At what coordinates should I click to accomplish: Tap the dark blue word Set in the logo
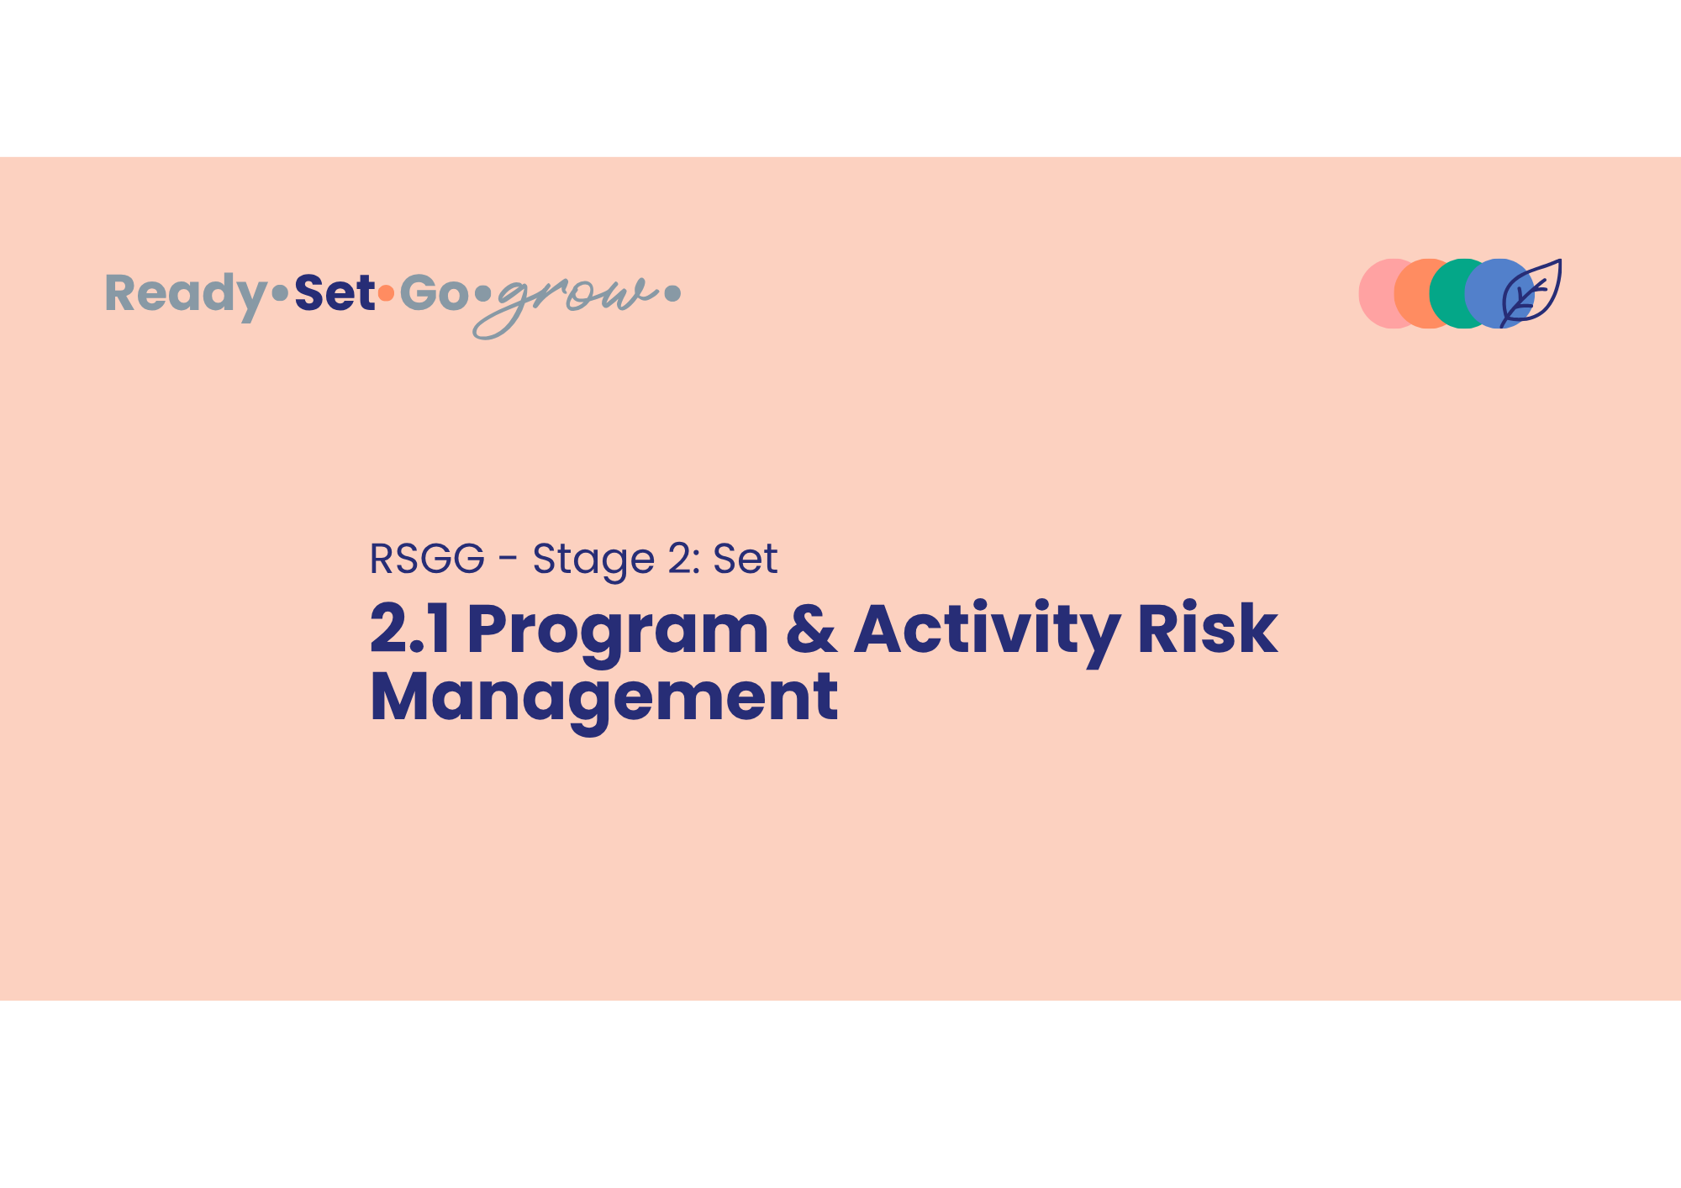[x=335, y=292]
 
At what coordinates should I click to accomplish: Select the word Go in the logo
[x=434, y=292]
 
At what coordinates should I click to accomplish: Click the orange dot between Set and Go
[x=386, y=293]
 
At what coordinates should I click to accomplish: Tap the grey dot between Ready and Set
[x=280, y=293]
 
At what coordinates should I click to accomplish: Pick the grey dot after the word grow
[x=672, y=293]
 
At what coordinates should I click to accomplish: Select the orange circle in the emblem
[x=1413, y=293]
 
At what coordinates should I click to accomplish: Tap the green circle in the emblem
[x=1447, y=293]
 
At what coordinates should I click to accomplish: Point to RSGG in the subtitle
[x=427, y=559]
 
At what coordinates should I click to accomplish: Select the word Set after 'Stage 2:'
[x=746, y=559]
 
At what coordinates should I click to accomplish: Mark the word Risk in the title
[x=1208, y=628]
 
